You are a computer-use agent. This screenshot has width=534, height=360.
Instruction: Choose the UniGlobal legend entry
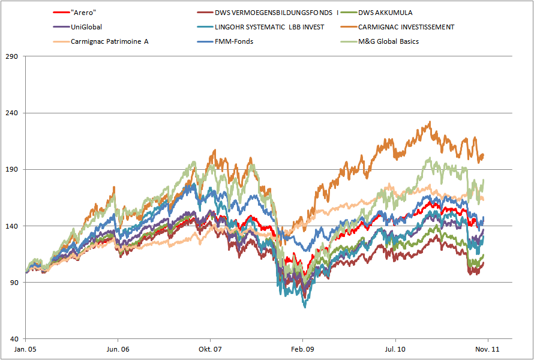pyautogui.click(x=86, y=27)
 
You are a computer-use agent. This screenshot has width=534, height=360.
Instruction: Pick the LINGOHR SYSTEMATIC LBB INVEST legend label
pyautogui.click(x=269, y=27)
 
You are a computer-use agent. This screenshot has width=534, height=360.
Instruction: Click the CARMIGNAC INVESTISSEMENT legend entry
pyautogui.click(x=406, y=27)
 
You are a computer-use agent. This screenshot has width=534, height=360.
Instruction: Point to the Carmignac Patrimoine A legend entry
pyautogui.click(x=109, y=41)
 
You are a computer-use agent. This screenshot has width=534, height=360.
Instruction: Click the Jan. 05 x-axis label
pyautogui.click(x=25, y=349)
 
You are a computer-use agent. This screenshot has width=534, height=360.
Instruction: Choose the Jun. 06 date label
pyautogui.click(x=117, y=349)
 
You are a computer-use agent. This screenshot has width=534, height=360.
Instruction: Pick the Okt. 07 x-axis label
pyautogui.click(x=210, y=349)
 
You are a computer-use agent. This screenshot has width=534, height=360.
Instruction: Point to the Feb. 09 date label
pyautogui.click(x=303, y=349)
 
